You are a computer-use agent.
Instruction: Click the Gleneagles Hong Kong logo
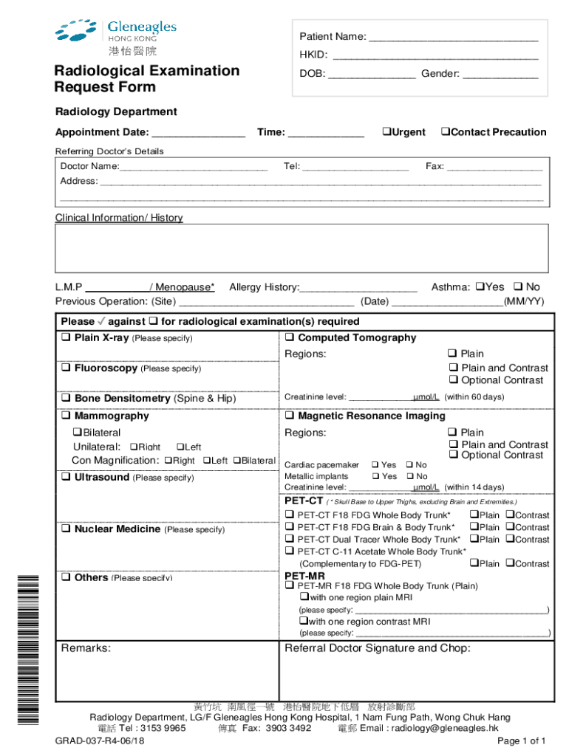[x=115, y=37]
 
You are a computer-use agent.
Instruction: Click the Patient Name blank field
[x=453, y=37]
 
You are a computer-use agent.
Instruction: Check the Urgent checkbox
[x=386, y=132]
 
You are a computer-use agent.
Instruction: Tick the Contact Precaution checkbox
[x=445, y=132]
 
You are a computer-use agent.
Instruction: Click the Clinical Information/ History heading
[x=119, y=218]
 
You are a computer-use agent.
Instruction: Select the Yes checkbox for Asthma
[x=479, y=286]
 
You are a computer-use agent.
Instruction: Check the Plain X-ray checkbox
[x=66, y=338]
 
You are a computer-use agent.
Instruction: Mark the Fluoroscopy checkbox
[x=66, y=368]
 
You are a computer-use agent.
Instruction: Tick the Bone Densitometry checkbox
[x=66, y=399]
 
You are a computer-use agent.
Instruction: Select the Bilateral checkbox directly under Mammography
[x=77, y=433]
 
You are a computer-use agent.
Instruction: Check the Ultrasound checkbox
[x=66, y=478]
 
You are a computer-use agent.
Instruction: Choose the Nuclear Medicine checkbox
[x=66, y=529]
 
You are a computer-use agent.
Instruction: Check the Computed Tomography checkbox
[x=290, y=338]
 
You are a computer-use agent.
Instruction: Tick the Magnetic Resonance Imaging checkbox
[x=290, y=416]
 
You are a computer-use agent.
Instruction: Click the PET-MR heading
[x=304, y=576]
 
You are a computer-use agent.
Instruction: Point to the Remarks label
[x=86, y=648]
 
